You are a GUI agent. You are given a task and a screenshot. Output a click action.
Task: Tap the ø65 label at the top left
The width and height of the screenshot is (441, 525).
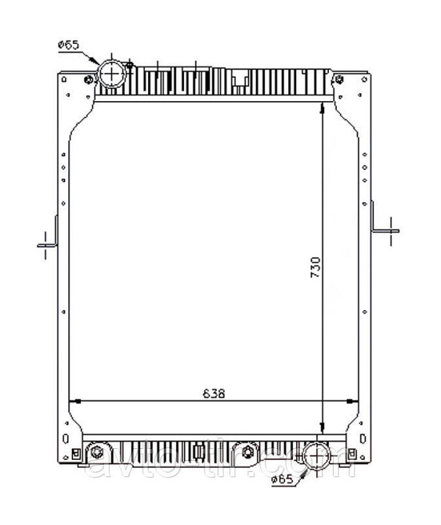tap(67, 45)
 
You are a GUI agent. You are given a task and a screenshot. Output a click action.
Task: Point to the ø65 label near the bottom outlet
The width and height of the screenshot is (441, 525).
tap(282, 479)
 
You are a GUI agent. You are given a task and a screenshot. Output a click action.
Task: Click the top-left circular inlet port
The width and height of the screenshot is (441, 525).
tap(113, 74)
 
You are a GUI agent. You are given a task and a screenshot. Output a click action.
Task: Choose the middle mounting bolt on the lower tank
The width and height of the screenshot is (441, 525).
tap(248, 452)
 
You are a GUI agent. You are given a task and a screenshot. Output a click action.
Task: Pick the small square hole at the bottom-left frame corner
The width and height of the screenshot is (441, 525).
tap(76, 452)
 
